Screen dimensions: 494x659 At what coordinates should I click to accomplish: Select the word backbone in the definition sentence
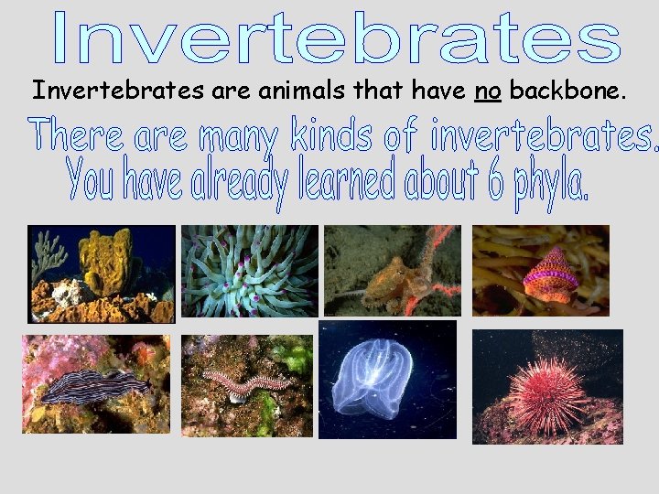click(567, 90)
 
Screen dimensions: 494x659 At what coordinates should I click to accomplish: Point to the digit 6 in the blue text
click(494, 183)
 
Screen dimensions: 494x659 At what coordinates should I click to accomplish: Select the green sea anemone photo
click(250, 271)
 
